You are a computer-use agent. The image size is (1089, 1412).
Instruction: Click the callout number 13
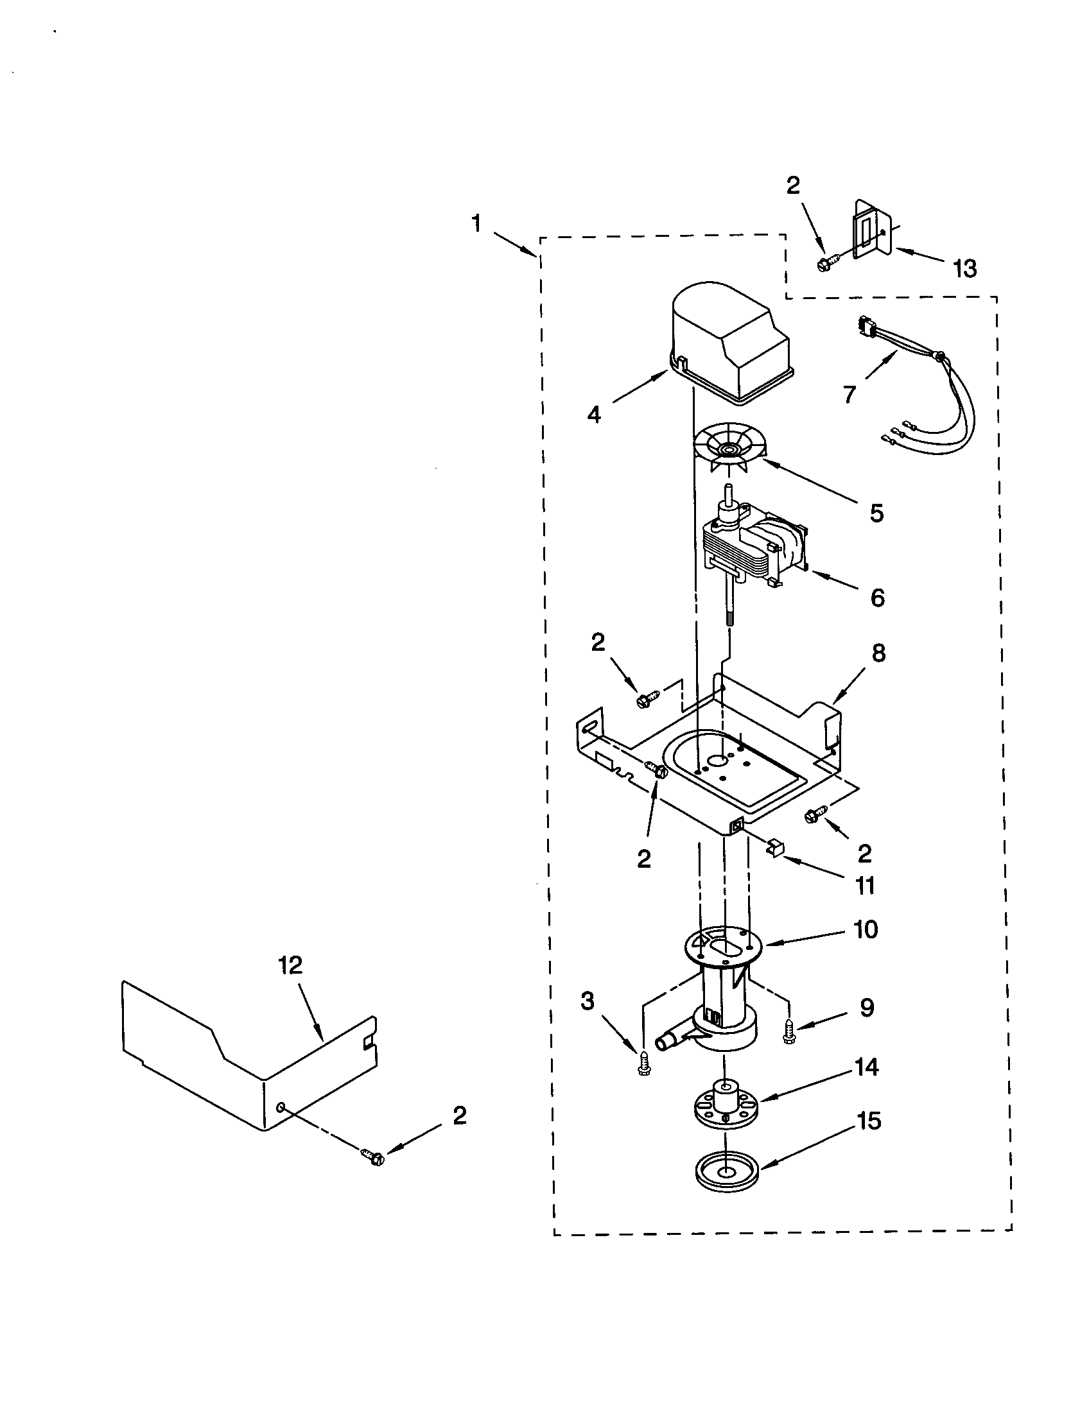tap(965, 268)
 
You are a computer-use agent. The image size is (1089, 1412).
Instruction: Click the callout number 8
tap(878, 653)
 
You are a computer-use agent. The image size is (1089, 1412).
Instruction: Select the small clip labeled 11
tap(775, 848)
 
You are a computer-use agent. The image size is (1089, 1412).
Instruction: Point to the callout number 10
tap(866, 930)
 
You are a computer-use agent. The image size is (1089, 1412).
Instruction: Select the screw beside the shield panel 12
tap(372, 1157)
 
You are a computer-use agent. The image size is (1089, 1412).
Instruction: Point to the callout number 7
tap(849, 393)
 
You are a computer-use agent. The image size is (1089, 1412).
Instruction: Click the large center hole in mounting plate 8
tap(718, 762)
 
